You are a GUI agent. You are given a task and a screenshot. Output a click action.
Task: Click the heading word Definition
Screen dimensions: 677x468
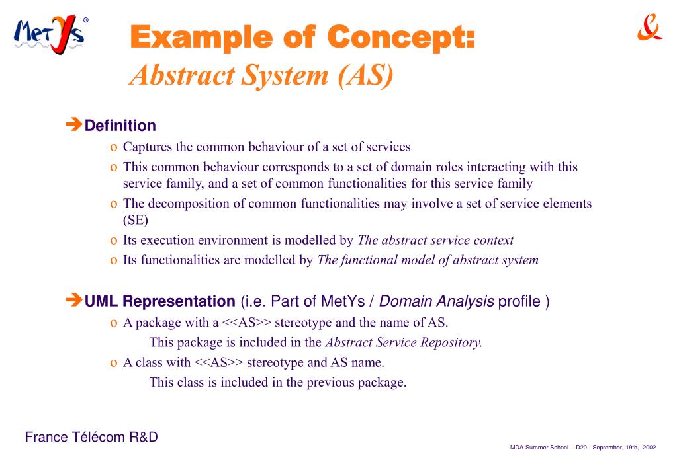120,126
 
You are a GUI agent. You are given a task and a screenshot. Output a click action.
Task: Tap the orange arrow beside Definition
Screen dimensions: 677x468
73,124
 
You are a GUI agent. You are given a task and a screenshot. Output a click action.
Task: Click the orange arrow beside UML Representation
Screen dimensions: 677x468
73,301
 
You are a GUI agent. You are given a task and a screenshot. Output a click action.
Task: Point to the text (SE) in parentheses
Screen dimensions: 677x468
136,221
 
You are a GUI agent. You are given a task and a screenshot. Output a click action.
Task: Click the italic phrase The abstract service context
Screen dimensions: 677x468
435,241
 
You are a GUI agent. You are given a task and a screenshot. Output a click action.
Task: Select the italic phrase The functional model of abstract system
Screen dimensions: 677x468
428,260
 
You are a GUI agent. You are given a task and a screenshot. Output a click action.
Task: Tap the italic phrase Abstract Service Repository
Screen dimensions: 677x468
404,342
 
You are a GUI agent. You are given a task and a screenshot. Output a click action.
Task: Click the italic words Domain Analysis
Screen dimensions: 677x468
437,302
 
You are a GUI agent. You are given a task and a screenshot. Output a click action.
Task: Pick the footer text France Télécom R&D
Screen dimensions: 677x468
91,437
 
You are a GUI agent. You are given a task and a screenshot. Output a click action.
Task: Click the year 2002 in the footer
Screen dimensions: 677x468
649,448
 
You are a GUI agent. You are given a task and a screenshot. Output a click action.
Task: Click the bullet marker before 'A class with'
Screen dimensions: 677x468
113,363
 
